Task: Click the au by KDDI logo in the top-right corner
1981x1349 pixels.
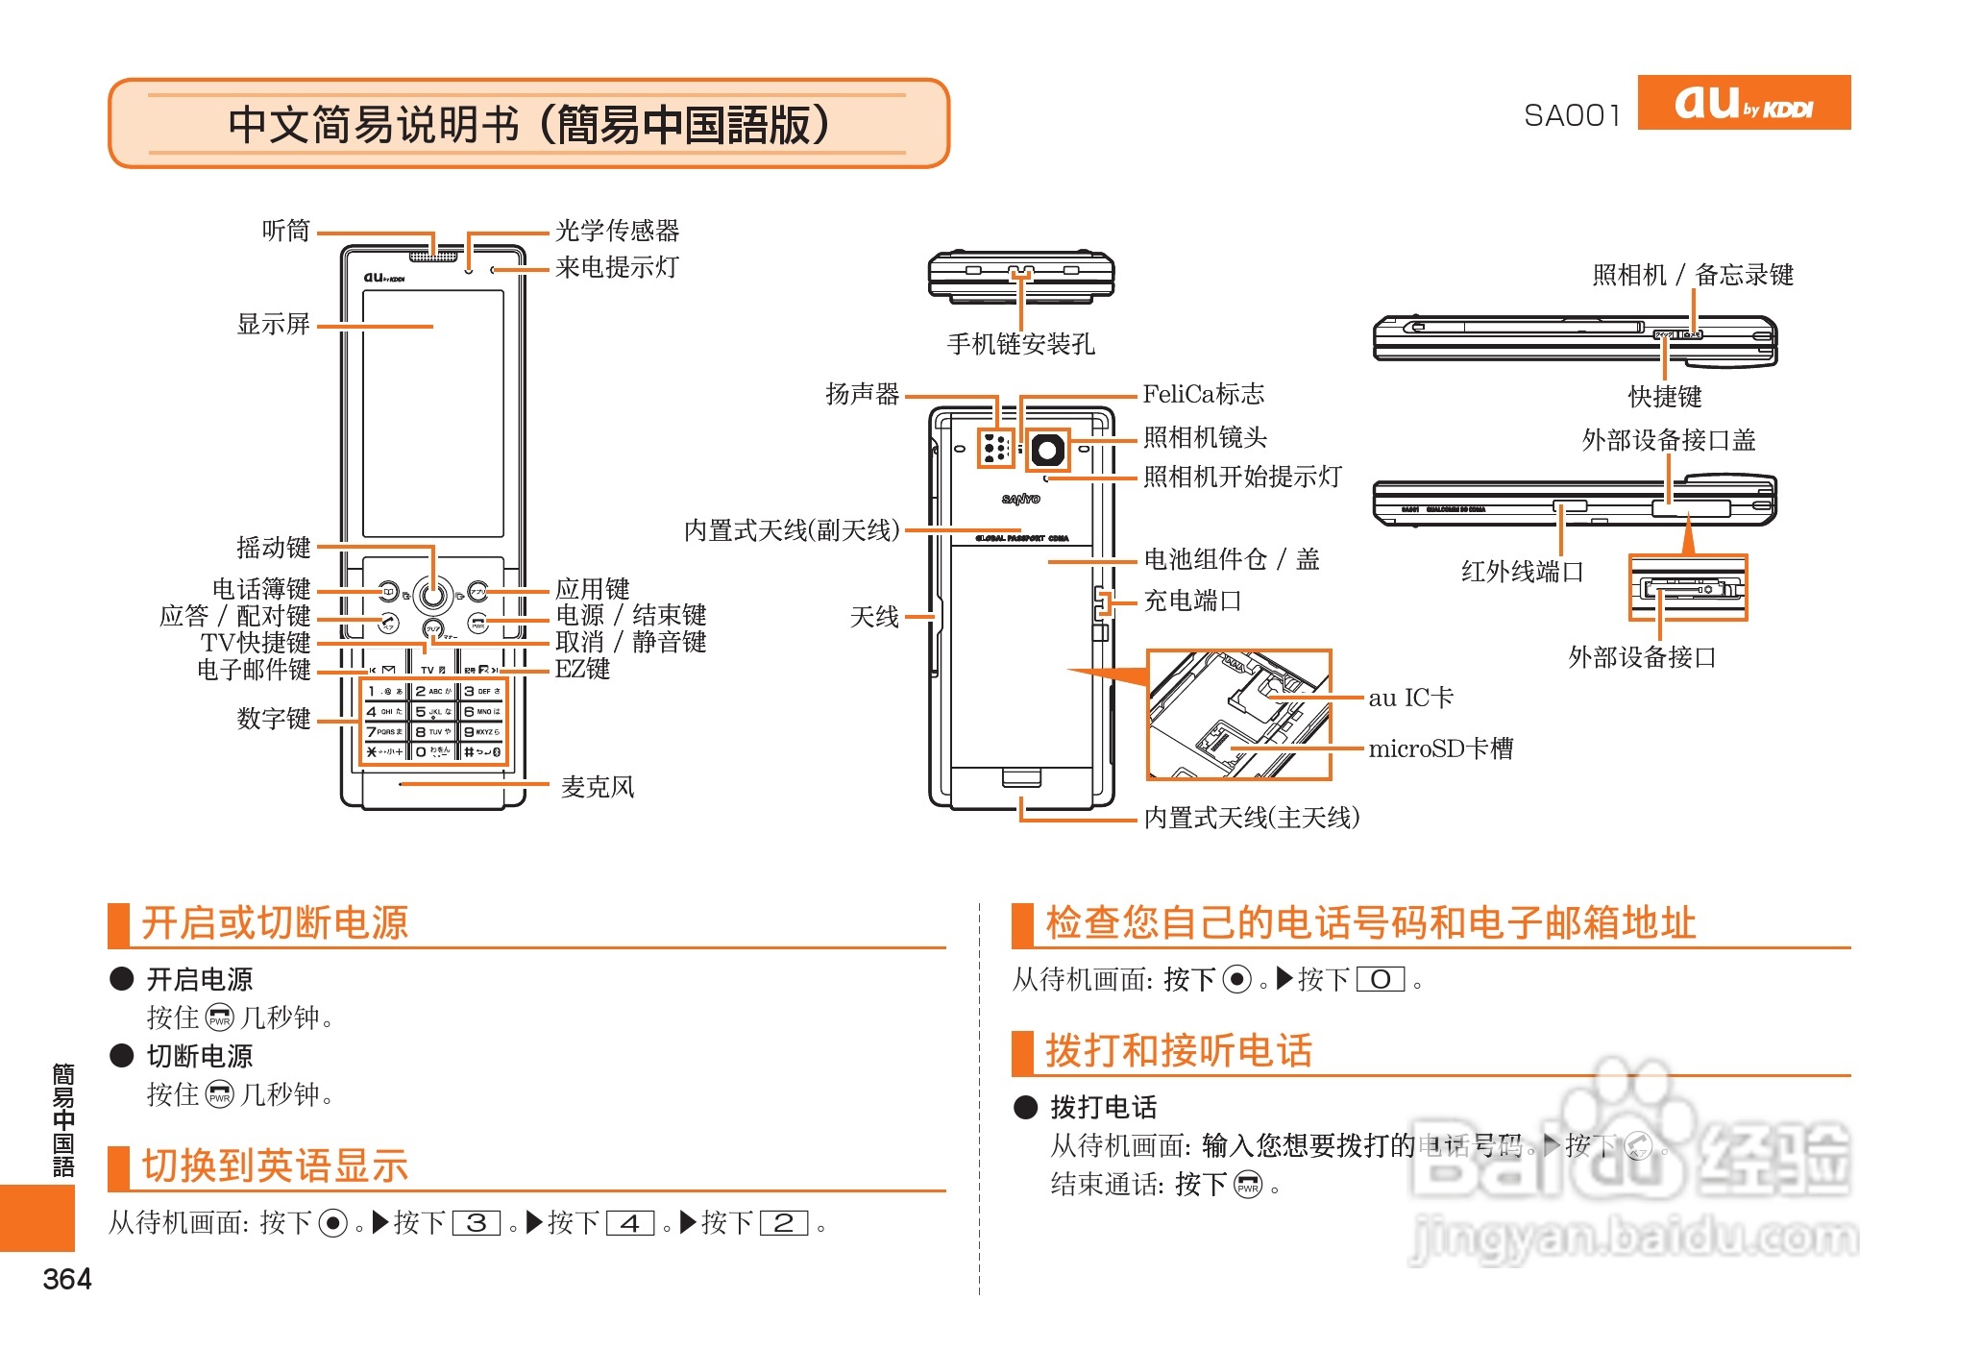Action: pos(1743,102)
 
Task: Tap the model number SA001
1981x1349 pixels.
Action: pos(1572,115)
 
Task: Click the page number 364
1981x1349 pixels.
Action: pos(67,1279)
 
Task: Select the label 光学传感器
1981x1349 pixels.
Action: pos(617,231)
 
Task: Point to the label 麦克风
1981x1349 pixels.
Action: pos(598,787)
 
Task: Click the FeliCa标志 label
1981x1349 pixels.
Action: pos(1203,394)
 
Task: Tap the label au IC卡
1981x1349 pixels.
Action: pos(1410,698)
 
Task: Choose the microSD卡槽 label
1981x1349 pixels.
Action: pos(1440,748)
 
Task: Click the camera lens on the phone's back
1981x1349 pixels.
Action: pos(1047,450)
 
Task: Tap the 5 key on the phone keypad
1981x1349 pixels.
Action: pos(433,712)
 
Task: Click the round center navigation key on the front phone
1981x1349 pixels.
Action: pos(433,595)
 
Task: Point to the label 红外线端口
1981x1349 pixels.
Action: pos(1522,572)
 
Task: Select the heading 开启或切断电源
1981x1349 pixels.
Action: pos(275,922)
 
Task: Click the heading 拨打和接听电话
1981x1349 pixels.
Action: pos(1179,1050)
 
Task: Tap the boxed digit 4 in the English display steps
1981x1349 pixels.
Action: pos(630,1223)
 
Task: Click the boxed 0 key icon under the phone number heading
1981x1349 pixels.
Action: pos(1381,980)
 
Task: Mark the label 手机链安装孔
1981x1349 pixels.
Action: pos(1020,344)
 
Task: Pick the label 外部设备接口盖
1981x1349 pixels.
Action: pos(1669,440)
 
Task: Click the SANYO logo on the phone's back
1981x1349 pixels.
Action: pos(1020,499)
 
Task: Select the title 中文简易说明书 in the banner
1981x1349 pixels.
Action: pos(375,124)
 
